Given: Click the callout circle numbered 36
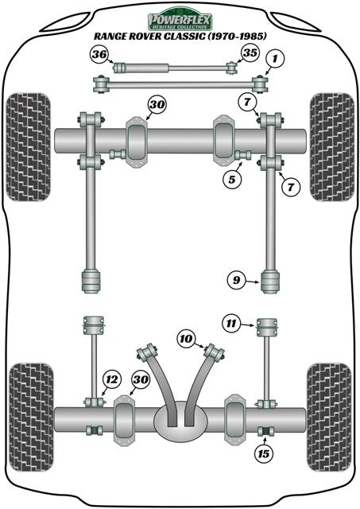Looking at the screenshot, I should [x=99, y=54].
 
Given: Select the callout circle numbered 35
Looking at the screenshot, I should [x=250, y=54].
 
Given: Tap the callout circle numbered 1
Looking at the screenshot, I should [x=274, y=58].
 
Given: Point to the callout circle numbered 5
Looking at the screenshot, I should [x=231, y=181].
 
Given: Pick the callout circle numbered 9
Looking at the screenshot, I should [x=235, y=279].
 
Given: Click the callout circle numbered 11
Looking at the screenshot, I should [x=230, y=324].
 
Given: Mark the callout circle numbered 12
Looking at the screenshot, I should [x=111, y=381].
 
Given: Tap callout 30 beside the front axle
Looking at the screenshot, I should [x=157, y=104].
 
